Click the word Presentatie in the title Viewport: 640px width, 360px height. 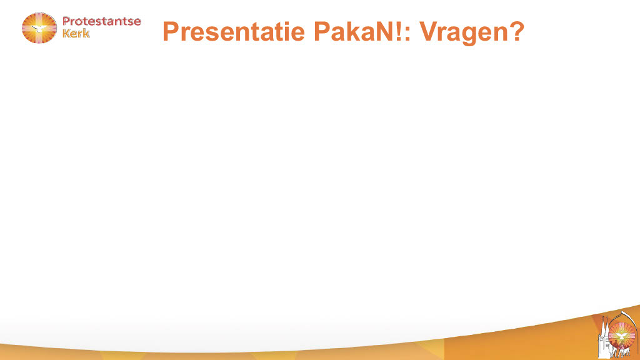(234, 31)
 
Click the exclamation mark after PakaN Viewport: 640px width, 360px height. (396, 31)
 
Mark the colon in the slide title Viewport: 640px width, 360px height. (407, 34)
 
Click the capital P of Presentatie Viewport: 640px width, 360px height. (171, 31)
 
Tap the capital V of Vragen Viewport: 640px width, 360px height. (429, 31)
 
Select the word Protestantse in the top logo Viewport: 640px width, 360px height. (102, 21)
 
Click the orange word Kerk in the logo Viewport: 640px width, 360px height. (76, 33)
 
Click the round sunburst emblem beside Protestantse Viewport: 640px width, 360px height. (39, 27)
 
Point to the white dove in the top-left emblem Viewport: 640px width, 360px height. (39, 29)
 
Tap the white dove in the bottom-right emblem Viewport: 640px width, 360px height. (621, 336)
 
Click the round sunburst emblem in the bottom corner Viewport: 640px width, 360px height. (622, 336)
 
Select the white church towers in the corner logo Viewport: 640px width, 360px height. (605, 339)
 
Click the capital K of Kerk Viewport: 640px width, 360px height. (66, 33)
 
